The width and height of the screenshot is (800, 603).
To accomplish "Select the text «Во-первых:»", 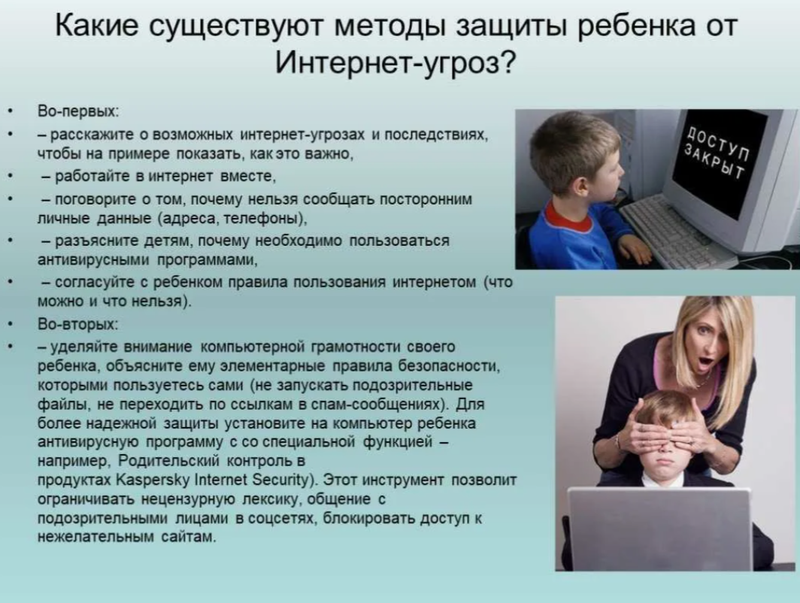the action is pos(78,111).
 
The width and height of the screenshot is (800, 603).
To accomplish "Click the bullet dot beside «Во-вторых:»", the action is pos(11,325).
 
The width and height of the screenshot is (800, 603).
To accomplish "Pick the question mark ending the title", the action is pos(507,62).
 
